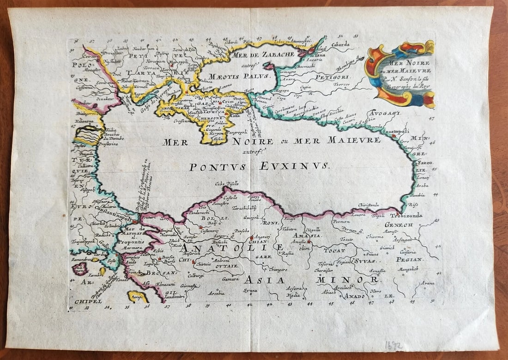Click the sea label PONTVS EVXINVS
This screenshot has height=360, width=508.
click(259, 167)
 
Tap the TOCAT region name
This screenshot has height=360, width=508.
click(334, 250)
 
